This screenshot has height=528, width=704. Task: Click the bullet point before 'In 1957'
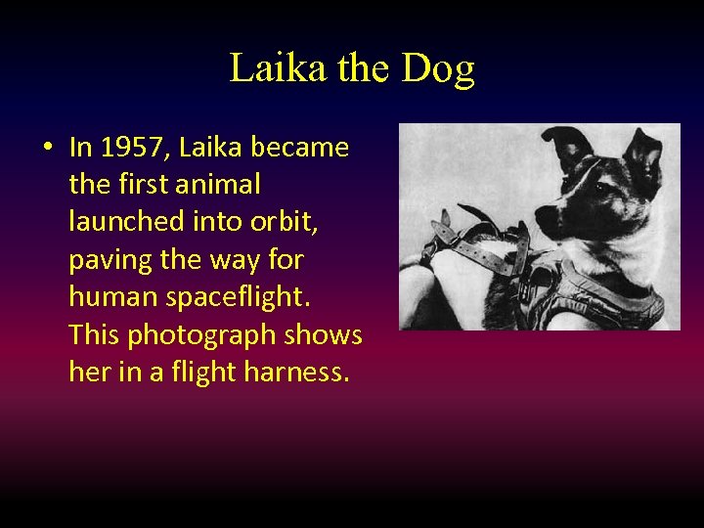46,149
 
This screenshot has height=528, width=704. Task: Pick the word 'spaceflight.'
238,297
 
